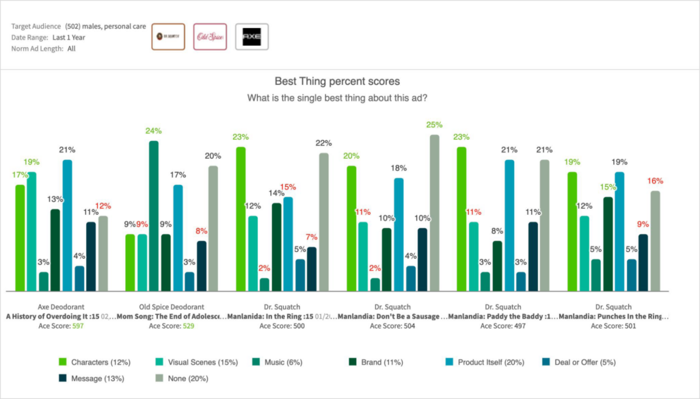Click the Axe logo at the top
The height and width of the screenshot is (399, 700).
click(x=252, y=37)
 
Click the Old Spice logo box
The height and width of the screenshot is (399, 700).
click(x=210, y=37)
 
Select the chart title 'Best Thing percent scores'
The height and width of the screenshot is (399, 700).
click(x=337, y=81)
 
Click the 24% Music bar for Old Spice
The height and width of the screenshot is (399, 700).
click(x=154, y=216)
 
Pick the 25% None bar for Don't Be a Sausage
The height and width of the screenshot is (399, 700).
click(x=434, y=212)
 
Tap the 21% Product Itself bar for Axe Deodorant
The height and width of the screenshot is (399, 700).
click(x=67, y=225)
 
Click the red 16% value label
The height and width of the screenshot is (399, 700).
click(x=655, y=181)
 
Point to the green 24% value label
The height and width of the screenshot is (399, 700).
click(x=154, y=131)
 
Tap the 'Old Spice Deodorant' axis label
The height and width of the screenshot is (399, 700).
click(x=172, y=307)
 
